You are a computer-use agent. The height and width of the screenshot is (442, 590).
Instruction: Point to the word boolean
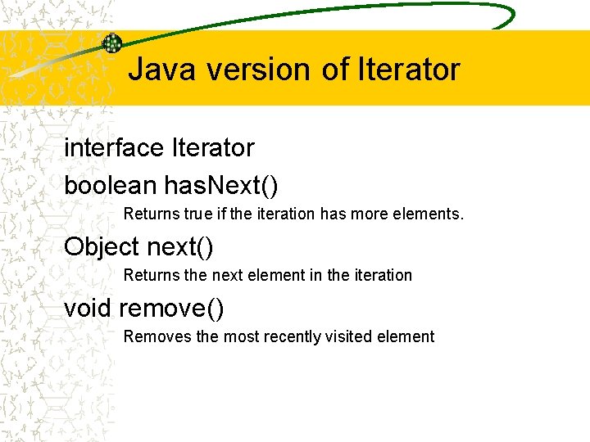click(x=110, y=186)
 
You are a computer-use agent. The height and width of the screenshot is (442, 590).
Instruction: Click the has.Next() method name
click(x=221, y=186)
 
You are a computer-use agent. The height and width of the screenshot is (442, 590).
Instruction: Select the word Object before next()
click(x=101, y=246)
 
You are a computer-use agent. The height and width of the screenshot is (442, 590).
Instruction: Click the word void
click(x=88, y=309)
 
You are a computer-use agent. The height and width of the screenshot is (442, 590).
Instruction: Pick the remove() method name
click(x=171, y=309)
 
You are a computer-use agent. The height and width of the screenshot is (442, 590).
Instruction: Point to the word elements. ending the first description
click(x=430, y=214)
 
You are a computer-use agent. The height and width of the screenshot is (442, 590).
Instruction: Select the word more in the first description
click(x=373, y=214)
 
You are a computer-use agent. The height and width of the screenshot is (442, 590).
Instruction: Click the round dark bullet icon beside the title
click(x=111, y=43)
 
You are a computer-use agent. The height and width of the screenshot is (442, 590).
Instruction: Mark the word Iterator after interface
click(x=213, y=148)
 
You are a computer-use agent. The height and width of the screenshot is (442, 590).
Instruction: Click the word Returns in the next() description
click(x=152, y=275)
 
